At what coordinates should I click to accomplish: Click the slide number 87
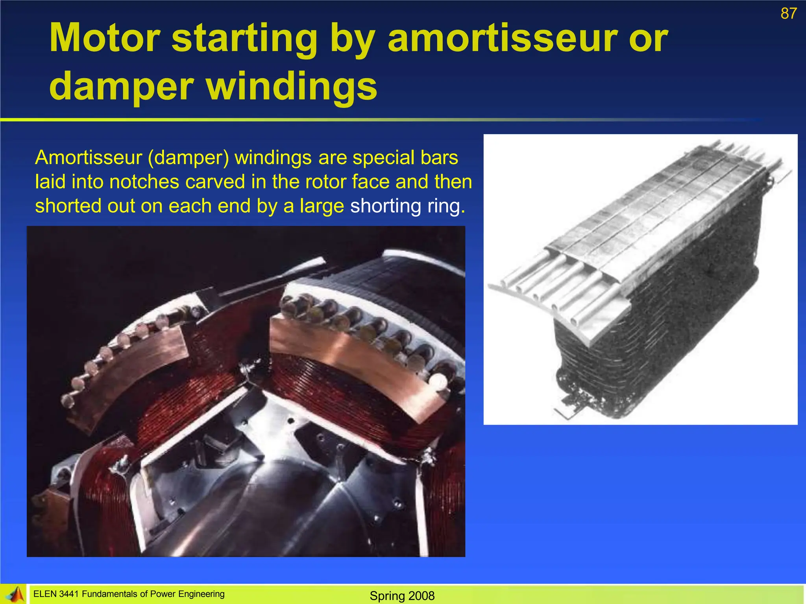(788, 14)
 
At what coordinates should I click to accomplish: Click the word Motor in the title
(105, 38)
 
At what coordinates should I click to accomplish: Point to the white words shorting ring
(407, 206)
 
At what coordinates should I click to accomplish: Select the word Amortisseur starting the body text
(89, 158)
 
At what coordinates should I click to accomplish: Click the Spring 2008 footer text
(402, 596)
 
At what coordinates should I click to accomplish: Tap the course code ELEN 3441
(56, 594)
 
